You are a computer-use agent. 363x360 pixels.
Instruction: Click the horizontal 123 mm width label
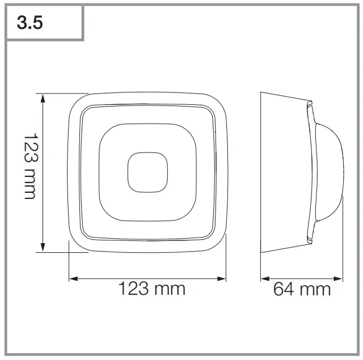(151, 289)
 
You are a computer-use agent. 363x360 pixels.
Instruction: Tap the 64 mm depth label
(302, 289)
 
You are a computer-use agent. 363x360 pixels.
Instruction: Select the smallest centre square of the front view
(148, 172)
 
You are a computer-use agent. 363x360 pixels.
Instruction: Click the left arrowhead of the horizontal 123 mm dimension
(72, 278)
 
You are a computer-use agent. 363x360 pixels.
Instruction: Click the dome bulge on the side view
(332, 170)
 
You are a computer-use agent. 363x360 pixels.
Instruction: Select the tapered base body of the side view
(284, 170)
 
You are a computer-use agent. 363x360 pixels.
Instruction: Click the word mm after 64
(315, 289)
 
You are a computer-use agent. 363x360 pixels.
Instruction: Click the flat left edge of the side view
(260, 170)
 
